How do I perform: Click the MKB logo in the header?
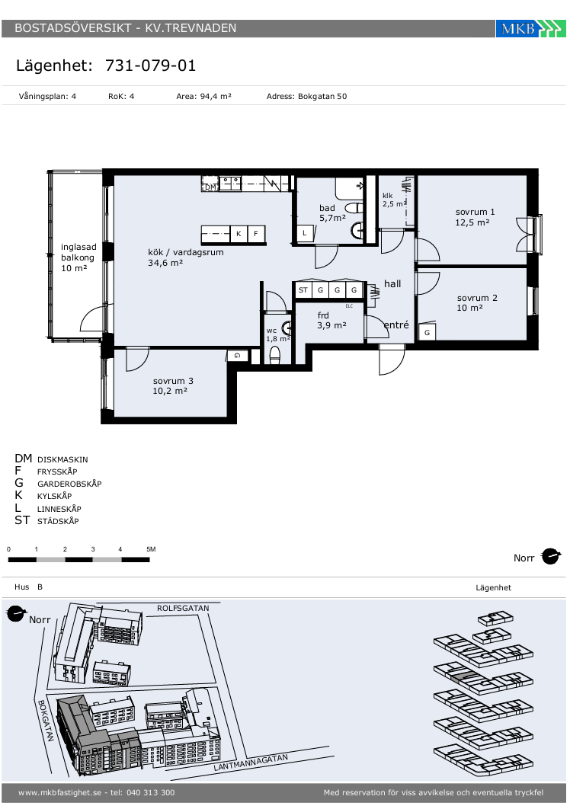530,28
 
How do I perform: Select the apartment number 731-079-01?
150,66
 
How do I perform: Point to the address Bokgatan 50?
322,97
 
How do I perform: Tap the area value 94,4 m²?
216,97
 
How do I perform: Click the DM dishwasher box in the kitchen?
210,187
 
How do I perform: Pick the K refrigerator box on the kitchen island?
239,234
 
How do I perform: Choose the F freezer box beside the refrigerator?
256,234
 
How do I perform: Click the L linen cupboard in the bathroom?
305,233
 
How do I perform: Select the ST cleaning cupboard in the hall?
303,290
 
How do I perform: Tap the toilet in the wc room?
275,355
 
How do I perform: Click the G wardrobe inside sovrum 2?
427,333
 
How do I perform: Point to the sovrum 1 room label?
475,212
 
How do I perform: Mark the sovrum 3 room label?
173,382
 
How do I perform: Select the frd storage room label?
323,315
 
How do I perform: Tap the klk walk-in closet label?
388,196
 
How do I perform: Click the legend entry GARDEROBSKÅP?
69,484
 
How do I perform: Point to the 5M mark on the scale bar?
151,549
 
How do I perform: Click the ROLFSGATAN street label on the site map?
184,609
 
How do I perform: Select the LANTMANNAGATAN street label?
251,762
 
